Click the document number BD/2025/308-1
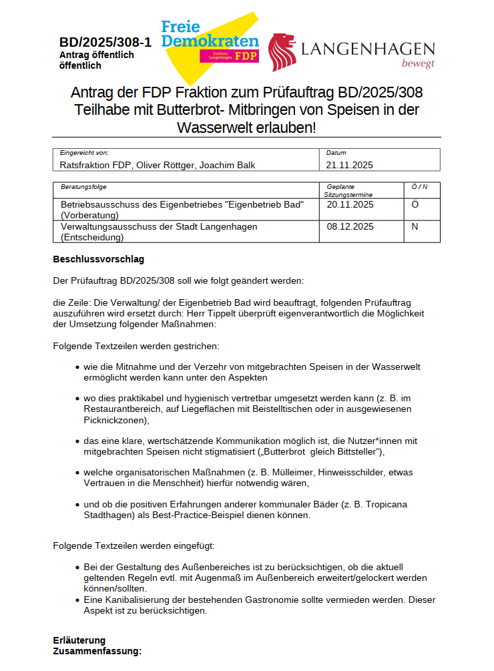point(105,43)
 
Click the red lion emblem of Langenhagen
point(282,52)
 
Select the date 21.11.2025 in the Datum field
point(349,165)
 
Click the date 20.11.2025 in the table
point(350,205)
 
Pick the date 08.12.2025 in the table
point(350,227)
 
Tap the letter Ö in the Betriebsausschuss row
point(415,205)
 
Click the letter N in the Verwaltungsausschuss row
point(415,227)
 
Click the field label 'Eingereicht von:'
point(84,153)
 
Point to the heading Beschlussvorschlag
point(99,259)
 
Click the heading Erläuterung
point(79,641)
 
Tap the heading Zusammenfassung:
point(97,651)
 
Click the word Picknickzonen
point(113,420)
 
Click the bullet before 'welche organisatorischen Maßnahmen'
point(78,473)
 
